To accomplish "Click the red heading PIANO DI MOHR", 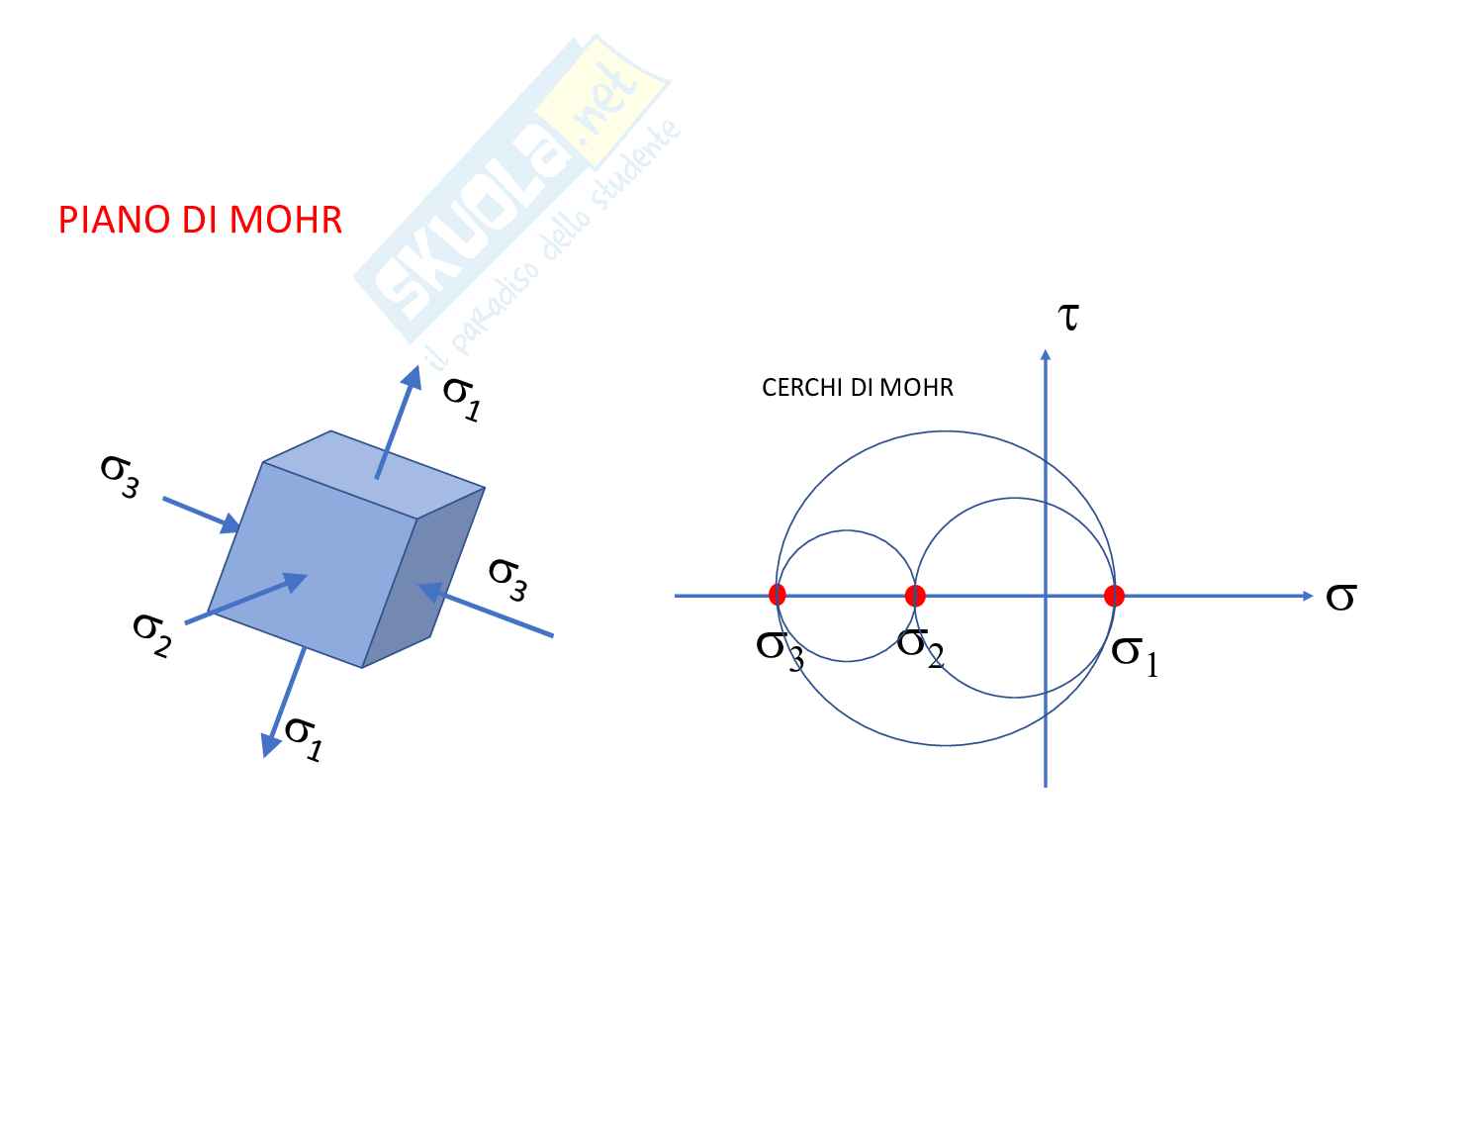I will click(x=200, y=220).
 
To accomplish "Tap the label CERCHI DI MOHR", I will click(x=857, y=388).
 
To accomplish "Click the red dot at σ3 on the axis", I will click(x=777, y=595).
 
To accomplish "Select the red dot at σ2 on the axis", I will click(x=915, y=596).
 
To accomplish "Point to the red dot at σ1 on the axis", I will click(x=1114, y=596).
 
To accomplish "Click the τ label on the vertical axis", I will click(x=1067, y=317).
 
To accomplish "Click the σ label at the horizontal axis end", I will click(x=1339, y=596).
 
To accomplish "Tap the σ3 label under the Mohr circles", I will click(x=780, y=649).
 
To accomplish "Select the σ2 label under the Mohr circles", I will click(x=920, y=646).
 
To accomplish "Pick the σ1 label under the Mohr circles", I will click(x=1135, y=654).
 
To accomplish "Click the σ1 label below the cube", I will click(x=304, y=736).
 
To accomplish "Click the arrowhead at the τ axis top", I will click(x=1045, y=353).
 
